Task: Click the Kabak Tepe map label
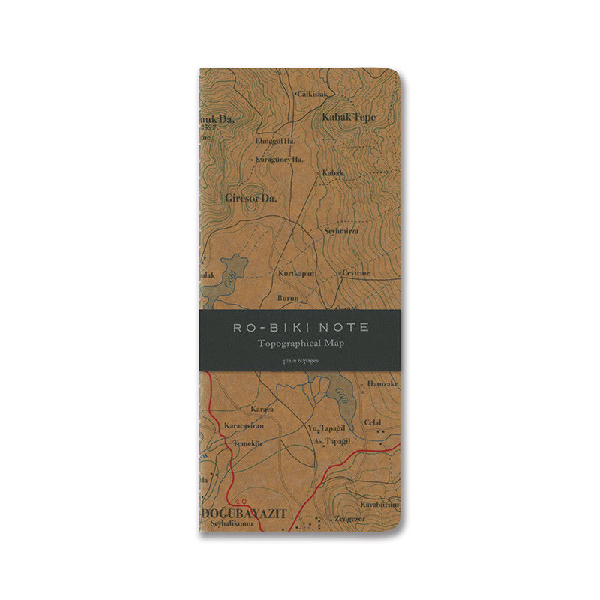pos(349,118)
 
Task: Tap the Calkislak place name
pos(312,94)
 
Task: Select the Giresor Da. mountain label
pos(251,199)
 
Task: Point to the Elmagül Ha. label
pos(275,140)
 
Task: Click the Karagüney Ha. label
pos(279,160)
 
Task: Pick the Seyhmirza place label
pos(341,231)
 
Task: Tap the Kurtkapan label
pos(296,274)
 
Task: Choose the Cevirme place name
pos(357,273)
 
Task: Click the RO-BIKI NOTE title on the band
pos(300,328)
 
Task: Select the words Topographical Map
pos(300,343)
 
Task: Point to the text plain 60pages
pos(300,361)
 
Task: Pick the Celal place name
pos(373,422)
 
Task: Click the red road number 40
pos(240,501)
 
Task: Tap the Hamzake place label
pos(382,383)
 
